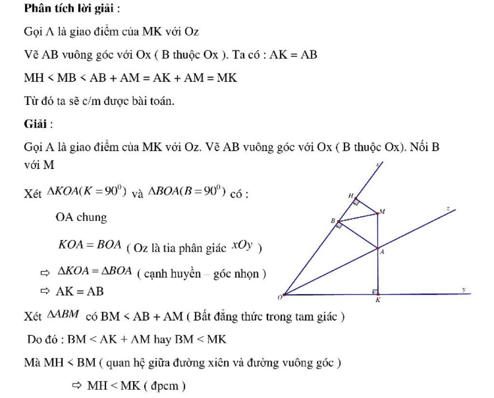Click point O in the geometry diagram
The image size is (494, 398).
[284, 295]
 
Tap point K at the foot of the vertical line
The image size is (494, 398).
[378, 294]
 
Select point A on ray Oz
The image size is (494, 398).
[378, 249]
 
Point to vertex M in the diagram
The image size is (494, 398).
[378, 214]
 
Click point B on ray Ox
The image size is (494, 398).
[339, 221]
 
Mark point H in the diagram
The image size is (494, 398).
[356, 199]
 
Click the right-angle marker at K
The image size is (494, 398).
[375, 292]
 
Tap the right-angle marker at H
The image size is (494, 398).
[357, 202]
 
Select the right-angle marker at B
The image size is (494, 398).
[339, 225]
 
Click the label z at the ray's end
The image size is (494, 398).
[448, 209]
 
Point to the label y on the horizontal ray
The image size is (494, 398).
[464, 289]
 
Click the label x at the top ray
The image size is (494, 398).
[378, 164]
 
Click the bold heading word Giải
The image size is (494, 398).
[35, 124]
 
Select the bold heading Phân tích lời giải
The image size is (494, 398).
[69, 9]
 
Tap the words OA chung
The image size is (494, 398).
[81, 217]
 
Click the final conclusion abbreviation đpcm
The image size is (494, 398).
[165, 386]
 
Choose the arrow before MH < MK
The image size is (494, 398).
[77, 385]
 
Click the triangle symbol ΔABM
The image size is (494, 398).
[63, 314]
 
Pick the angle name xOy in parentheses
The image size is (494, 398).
[242, 245]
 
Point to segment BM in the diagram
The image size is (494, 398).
[358, 218]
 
